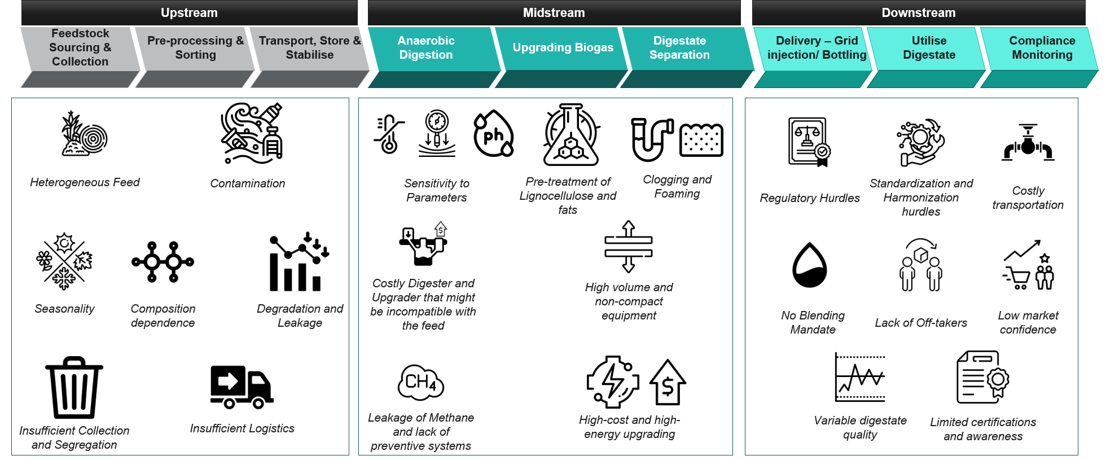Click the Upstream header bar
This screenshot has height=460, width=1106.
[x=189, y=12]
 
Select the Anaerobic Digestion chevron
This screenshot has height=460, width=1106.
[x=426, y=48]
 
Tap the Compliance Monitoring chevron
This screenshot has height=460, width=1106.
[x=1042, y=48]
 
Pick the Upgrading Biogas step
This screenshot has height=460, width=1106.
[x=563, y=48]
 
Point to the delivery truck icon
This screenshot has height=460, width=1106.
[x=242, y=387]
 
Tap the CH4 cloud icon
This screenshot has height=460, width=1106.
[x=421, y=383]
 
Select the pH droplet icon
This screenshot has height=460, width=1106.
[x=494, y=134]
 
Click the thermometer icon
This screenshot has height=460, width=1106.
[x=389, y=135]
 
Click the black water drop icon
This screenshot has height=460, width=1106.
[x=810, y=265]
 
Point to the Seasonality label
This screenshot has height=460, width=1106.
[x=64, y=309]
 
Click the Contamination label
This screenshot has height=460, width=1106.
[x=248, y=183]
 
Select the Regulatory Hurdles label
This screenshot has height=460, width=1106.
[x=810, y=198]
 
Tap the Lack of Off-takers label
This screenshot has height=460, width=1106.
[x=921, y=323]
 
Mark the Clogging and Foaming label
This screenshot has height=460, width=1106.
[x=677, y=186]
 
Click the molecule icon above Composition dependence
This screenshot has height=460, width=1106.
[x=163, y=262]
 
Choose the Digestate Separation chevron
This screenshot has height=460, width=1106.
[x=679, y=48]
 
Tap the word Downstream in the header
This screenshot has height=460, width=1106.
[x=919, y=12]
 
